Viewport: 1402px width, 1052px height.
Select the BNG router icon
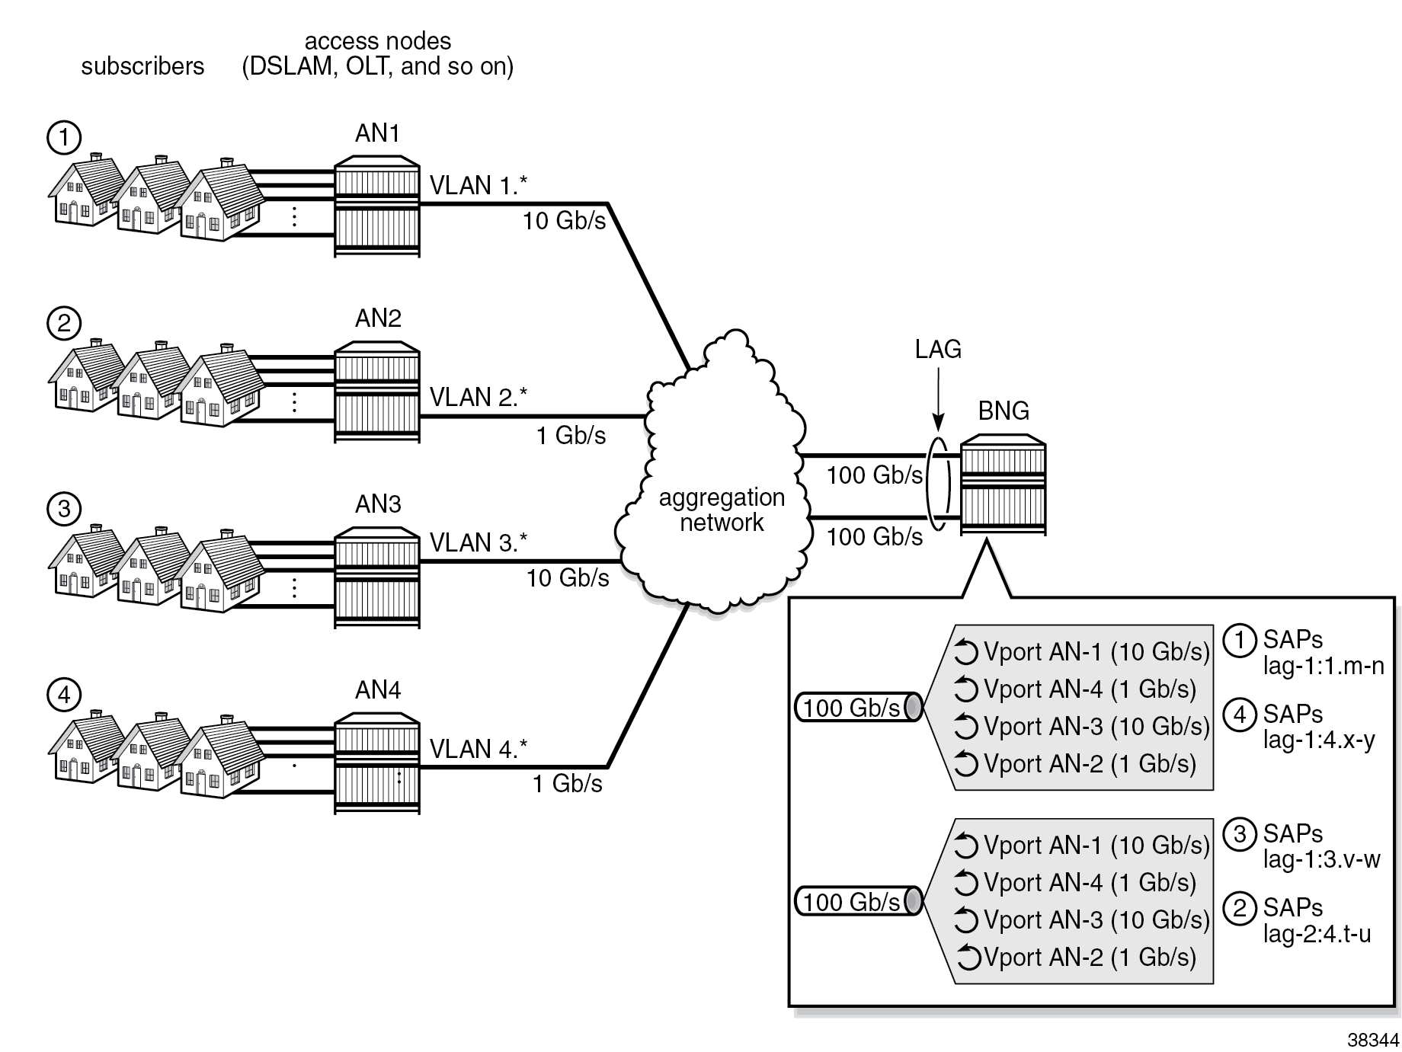[x=1003, y=484]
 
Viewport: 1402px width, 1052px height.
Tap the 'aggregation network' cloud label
[x=721, y=510]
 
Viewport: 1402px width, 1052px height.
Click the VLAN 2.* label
[x=478, y=397]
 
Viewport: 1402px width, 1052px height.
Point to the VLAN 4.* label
[x=478, y=749]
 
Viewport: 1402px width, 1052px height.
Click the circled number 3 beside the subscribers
[x=64, y=508]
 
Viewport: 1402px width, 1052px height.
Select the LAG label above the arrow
[x=938, y=349]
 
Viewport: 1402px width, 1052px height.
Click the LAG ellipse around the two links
[x=939, y=485]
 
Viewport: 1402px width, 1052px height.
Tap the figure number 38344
[x=1373, y=1040]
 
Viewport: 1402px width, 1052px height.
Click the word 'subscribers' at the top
[x=142, y=66]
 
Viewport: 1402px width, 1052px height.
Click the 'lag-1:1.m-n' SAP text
[x=1324, y=666]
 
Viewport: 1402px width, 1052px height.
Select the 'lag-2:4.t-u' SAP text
[x=1317, y=933]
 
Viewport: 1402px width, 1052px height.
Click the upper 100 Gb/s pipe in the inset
[x=858, y=708]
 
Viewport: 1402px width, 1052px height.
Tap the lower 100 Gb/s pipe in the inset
[x=858, y=902]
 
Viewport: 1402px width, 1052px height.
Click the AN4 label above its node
[x=378, y=689]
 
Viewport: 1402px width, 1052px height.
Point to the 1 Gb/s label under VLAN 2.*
[x=571, y=435]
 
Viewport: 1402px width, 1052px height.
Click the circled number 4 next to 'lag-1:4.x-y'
[x=1240, y=714]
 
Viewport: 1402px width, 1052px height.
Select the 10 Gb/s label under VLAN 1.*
[x=564, y=221]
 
